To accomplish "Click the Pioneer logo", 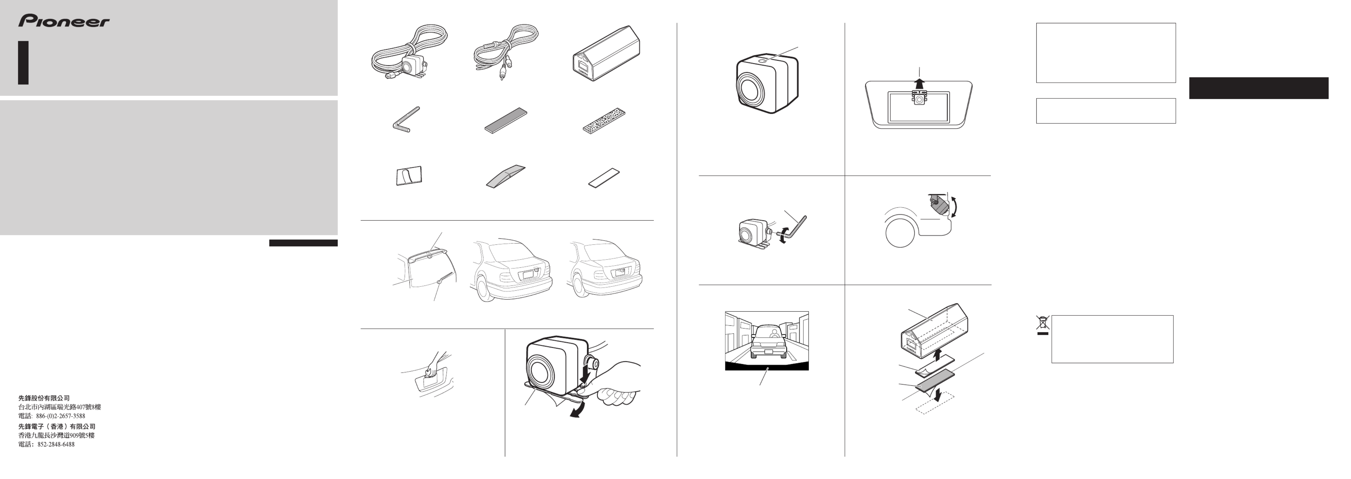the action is [64, 21].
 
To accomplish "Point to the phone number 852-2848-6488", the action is [56, 444].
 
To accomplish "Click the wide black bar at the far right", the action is [1259, 88].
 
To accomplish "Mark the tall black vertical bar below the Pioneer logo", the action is [23, 63].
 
